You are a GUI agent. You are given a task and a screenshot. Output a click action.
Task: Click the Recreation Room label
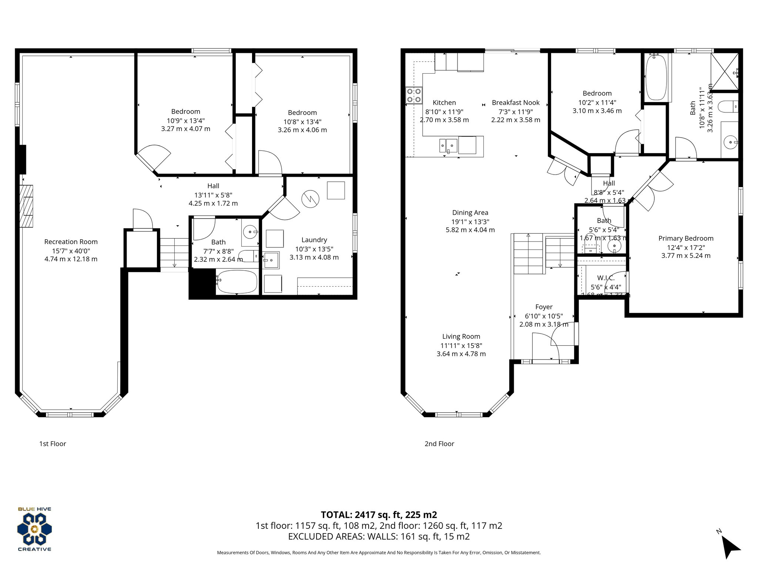point(71,242)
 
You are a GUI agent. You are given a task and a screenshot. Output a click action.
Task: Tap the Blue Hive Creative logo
point(34,529)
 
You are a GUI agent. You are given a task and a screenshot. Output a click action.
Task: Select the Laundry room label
point(314,240)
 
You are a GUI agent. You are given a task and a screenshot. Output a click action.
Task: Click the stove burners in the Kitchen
point(414,95)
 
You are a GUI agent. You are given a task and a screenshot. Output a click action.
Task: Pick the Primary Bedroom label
point(685,239)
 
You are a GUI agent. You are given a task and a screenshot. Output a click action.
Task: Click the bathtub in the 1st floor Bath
point(237,282)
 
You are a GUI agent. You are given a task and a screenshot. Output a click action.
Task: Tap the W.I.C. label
point(606,278)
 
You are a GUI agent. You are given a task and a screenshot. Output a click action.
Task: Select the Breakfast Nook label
point(515,103)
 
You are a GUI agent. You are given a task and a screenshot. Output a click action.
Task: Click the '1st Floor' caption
point(53,444)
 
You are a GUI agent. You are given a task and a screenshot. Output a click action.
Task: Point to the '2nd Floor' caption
point(439,444)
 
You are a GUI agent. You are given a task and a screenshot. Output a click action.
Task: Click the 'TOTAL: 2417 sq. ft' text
point(379,515)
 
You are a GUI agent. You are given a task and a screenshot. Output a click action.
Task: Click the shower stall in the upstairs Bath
point(725,71)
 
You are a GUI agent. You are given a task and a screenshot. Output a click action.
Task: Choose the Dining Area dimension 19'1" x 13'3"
point(470,222)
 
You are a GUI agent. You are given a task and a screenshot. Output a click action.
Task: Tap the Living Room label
point(461,337)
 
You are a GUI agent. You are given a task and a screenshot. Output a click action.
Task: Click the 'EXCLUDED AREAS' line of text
point(379,537)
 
